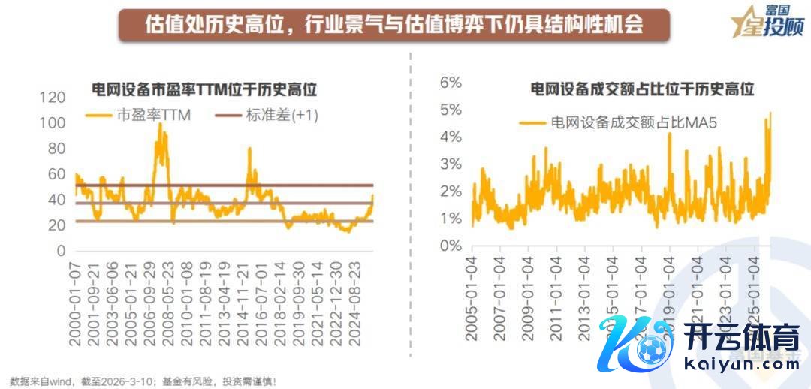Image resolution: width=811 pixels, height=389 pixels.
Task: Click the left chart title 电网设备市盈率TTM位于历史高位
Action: point(204,89)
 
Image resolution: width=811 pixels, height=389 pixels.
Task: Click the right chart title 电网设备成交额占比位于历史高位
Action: point(642,89)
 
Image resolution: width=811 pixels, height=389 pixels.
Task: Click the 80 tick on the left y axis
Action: point(56,149)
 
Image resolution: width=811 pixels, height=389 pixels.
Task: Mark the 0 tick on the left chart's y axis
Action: point(62,251)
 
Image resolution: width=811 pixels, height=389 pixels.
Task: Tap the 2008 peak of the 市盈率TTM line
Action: point(159,125)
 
